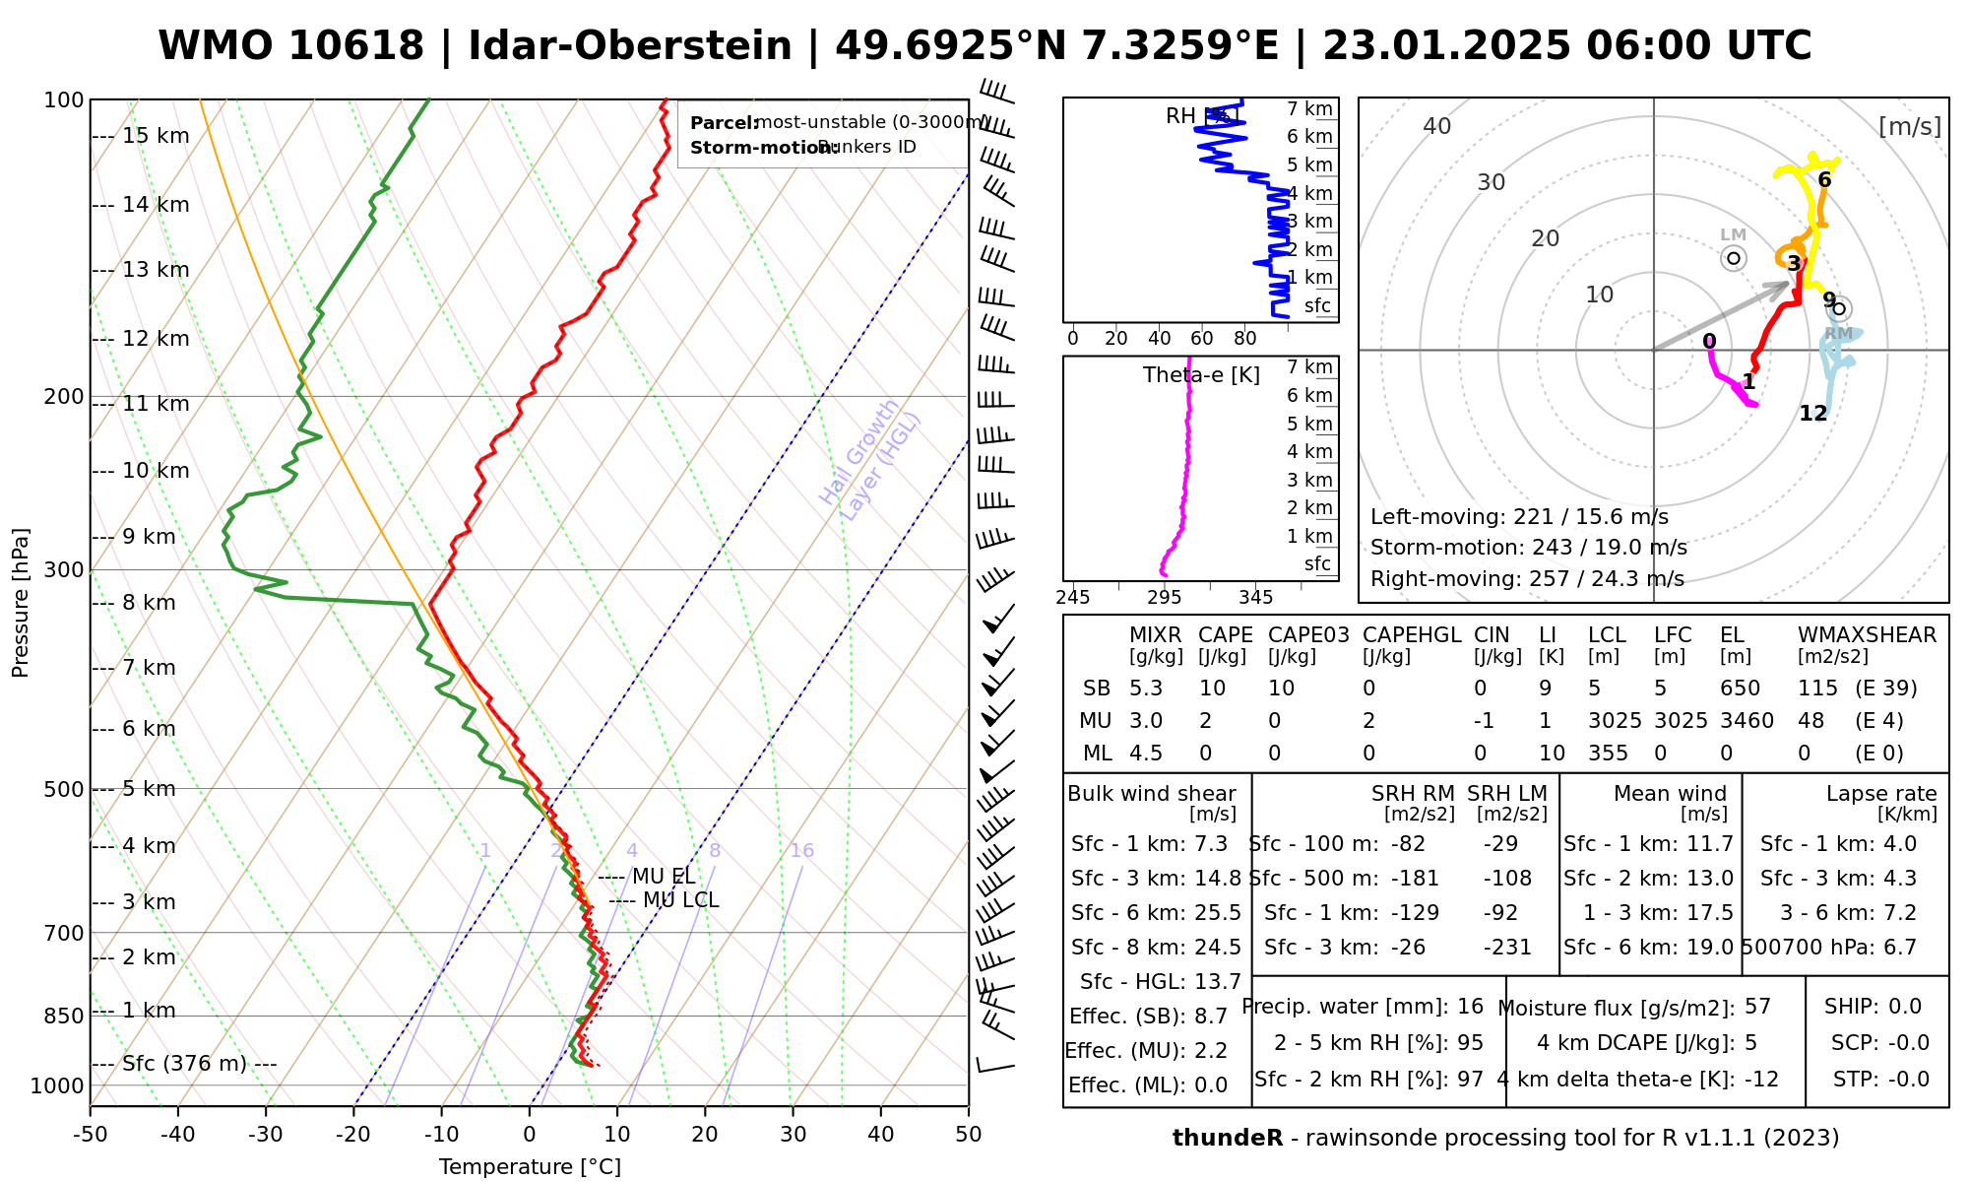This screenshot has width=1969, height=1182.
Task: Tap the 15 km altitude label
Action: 156,136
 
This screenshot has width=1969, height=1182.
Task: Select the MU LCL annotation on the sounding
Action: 680,900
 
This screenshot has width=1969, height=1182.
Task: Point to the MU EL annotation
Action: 664,877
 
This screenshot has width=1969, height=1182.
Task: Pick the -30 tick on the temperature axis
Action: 266,1135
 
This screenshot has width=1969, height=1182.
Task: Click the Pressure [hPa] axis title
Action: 21,603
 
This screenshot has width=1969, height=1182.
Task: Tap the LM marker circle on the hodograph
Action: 1733,258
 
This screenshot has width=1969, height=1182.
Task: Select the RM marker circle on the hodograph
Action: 1838,309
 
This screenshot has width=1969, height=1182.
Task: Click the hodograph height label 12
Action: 1812,414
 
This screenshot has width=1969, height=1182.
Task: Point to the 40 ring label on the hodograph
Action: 1437,126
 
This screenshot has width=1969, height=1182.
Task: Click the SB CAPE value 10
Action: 1212,689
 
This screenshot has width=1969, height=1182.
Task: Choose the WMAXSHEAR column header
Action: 1867,635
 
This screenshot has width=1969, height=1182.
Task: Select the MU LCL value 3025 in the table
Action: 1615,721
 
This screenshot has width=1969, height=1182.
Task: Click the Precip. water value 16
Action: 1470,1007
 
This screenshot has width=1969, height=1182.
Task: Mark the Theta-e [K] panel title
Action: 1201,375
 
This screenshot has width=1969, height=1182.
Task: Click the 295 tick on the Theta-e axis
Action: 1165,598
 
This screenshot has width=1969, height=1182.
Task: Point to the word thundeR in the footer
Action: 1227,1139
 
